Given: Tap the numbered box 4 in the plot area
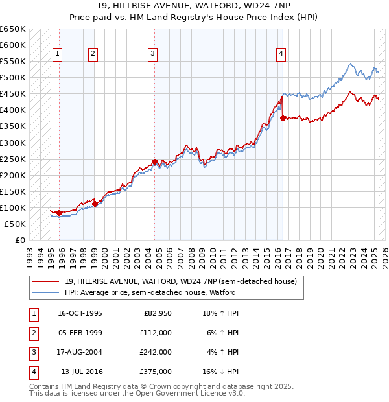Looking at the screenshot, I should pos(281,54).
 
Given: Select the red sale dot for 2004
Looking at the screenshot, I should pos(154,161).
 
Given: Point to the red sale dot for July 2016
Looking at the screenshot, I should pos(283,118).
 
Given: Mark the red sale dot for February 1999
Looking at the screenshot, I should pos(95,204).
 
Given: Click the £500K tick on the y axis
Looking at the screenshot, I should pos(12,78).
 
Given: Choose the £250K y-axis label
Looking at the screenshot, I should pos(12,159).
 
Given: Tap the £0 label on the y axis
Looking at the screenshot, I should pos(20,240).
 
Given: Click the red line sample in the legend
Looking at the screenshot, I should pos(45,281).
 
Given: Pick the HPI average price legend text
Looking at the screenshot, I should pos(150,293).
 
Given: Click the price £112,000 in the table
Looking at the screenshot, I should pos(156,333).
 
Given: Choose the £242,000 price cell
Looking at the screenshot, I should pos(156,353).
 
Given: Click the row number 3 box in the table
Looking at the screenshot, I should pos(32,353).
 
